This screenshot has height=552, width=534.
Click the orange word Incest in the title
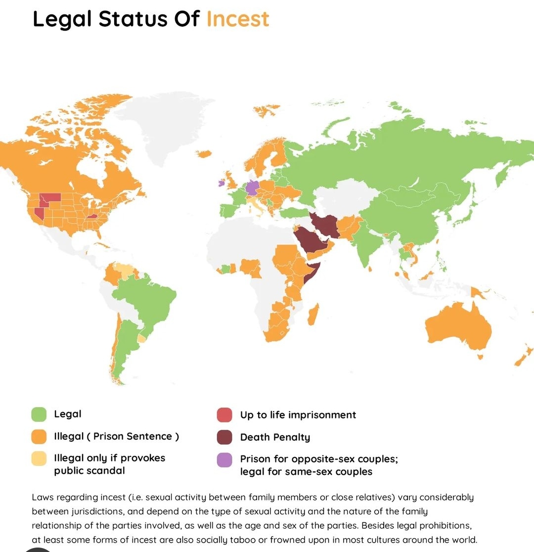coord(238,19)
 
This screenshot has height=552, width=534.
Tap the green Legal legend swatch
coord(39,414)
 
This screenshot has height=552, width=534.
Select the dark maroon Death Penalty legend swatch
coord(224,437)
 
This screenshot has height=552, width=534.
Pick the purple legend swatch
coord(224,460)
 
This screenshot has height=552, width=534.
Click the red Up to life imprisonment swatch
coord(224,415)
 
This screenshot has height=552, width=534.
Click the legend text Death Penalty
coord(275,437)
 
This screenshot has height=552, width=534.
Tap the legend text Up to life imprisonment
coord(298,415)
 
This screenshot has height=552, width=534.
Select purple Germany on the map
coord(252,188)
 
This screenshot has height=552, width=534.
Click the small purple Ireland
coord(221,183)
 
